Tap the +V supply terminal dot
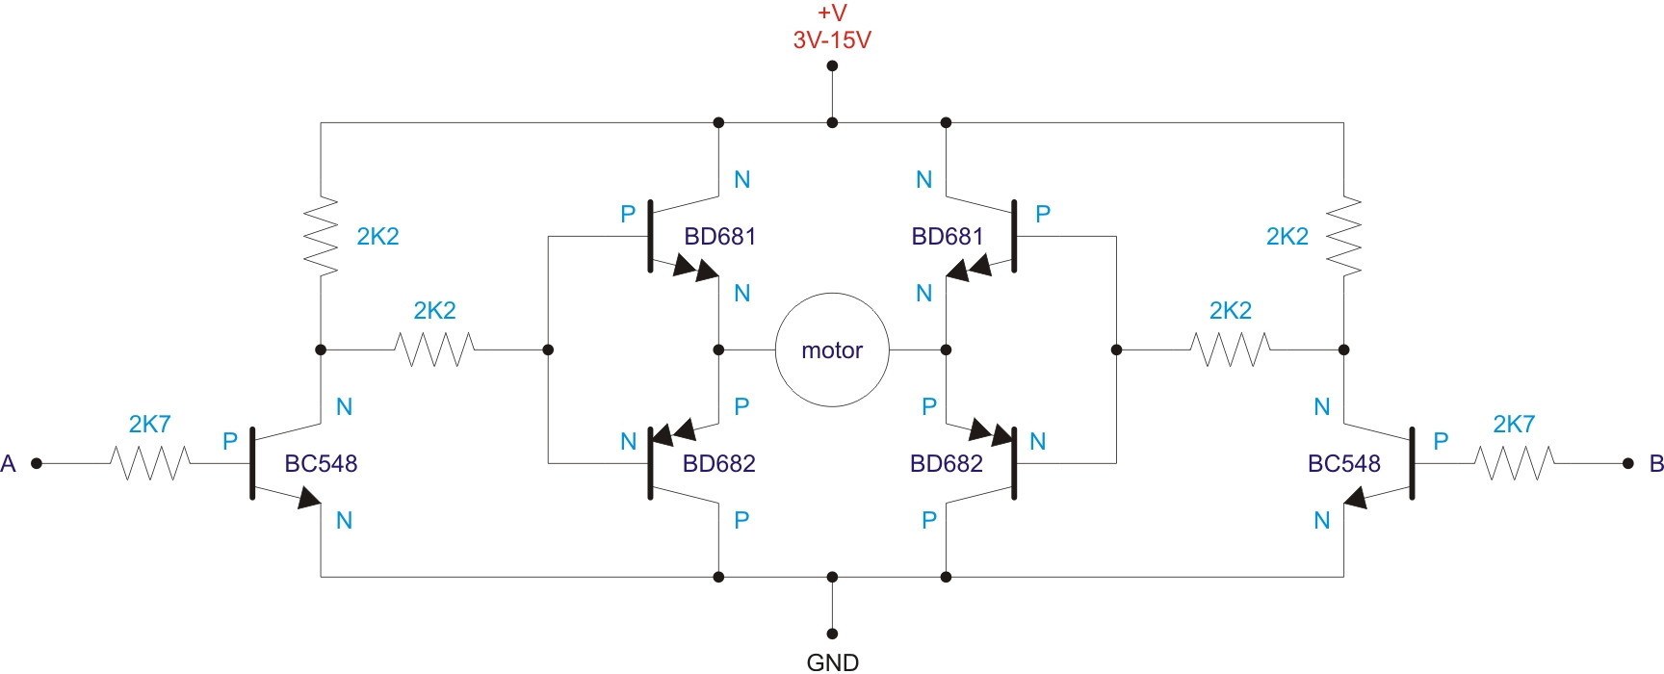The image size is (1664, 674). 832,66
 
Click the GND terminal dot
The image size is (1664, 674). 832,634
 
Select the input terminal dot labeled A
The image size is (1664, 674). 37,463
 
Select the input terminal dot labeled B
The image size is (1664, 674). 1628,463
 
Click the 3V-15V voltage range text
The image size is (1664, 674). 832,41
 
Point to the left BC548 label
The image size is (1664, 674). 321,464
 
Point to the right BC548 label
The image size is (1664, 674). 1344,464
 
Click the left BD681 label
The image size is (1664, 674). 719,237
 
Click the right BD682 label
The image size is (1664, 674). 947,464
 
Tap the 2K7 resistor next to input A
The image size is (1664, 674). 149,463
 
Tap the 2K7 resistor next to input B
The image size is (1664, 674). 1515,463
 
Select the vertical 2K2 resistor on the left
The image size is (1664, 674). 321,237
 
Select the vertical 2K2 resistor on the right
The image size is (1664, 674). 1344,237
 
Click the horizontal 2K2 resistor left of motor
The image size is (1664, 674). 434,350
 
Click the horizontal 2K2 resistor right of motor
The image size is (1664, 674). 1231,350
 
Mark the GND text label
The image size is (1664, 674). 832,662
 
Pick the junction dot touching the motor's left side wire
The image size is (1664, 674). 718,350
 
